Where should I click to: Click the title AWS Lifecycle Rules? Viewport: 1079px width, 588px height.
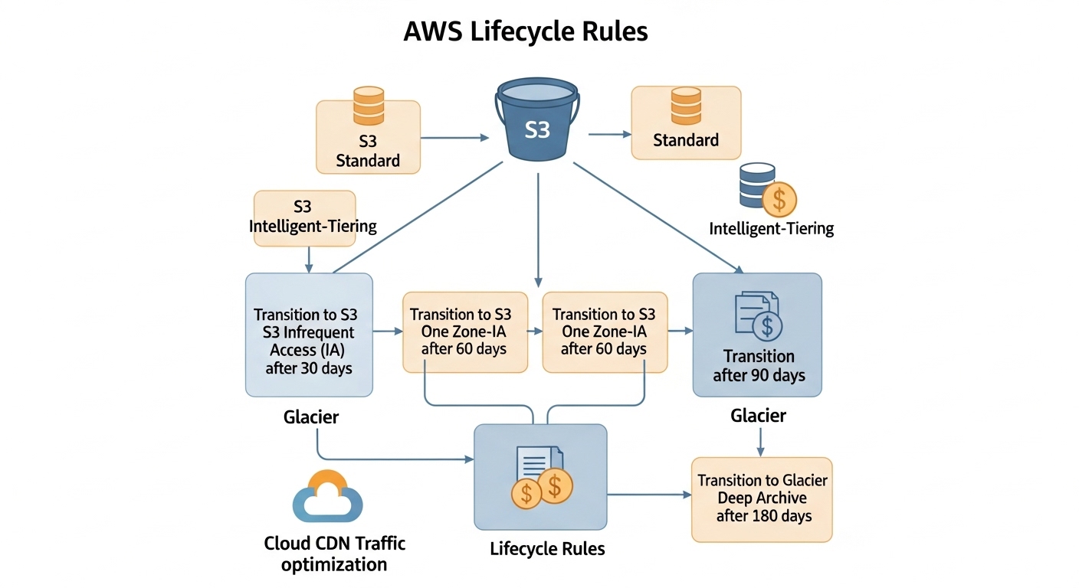pos(525,31)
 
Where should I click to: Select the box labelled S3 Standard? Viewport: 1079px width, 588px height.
pos(368,137)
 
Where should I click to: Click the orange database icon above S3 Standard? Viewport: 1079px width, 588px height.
pos(368,106)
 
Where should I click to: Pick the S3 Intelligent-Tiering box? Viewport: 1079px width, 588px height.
pos(304,217)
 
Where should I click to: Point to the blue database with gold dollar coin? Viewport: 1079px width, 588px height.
pos(767,188)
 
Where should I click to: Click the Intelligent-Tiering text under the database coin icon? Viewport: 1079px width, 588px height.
pos(771,228)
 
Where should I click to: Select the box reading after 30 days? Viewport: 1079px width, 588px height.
pos(309,335)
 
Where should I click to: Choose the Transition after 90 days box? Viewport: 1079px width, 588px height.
pos(757,335)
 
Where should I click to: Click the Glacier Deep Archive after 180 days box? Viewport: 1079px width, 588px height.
pos(762,499)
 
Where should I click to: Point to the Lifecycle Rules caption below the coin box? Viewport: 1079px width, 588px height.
pos(547,549)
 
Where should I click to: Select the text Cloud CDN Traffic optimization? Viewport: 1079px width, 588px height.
pos(334,554)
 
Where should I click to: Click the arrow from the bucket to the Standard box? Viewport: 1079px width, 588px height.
pos(608,134)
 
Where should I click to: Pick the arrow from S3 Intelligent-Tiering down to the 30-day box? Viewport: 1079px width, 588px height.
pos(309,260)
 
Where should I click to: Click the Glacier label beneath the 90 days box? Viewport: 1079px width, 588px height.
pos(758,416)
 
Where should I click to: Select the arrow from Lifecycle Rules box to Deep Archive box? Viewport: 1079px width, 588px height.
pos(648,495)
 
